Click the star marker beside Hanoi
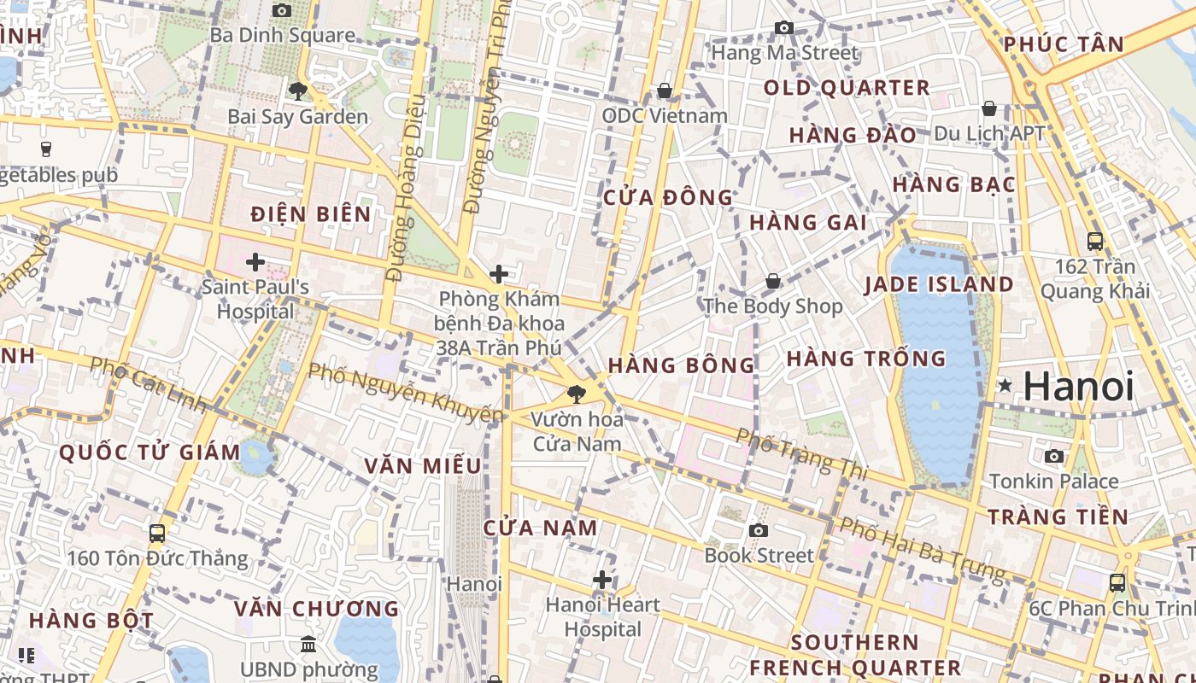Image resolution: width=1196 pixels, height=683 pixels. (x=1005, y=387)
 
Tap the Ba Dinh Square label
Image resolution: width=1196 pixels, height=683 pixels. (x=282, y=35)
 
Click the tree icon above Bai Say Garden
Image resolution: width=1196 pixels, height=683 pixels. (x=297, y=90)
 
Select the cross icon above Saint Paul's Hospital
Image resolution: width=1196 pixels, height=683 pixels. (x=255, y=261)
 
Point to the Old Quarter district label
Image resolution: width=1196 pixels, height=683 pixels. (x=846, y=88)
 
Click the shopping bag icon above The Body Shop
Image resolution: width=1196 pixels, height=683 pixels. (x=772, y=281)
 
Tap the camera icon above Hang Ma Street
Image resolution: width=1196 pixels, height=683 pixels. (x=783, y=28)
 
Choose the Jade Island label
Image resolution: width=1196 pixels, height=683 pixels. (x=939, y=284)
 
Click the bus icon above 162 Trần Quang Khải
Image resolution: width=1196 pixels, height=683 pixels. (x=1094, y=242)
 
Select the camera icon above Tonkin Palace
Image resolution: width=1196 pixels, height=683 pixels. (x=1053, y=456)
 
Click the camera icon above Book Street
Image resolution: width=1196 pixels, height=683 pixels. (x=758, y=530)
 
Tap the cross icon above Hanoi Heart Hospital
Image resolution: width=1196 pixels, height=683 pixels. (x=602, y=581)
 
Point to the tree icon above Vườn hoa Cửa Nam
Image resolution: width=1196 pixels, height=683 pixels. (x=577, y=394)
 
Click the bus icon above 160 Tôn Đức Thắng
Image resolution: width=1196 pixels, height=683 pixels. (x=157, y=534)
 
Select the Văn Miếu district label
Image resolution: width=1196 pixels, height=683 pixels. (x=423, y=466)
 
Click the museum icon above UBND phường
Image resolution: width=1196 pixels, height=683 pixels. (x=308, y=644)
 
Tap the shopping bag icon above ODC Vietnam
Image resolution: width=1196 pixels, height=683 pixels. (x=665, y=90)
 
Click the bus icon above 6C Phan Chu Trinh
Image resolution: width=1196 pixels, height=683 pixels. (x=1117, y=583)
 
